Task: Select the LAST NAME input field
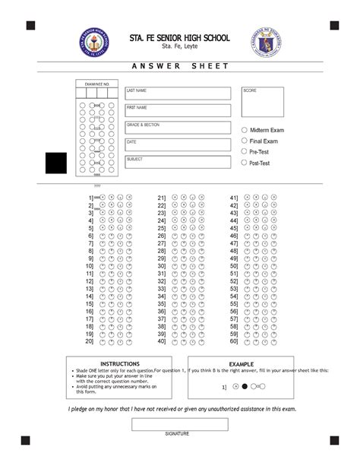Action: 178,94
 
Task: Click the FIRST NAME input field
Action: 178,111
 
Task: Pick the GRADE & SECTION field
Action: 178,128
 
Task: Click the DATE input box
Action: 178,145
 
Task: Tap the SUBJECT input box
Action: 178,163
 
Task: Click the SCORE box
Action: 263,103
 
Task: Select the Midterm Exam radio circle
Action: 244,130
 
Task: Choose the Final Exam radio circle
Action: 244,141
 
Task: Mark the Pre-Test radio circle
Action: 244,151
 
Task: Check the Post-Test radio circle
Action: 244,162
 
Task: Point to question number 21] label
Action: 162,198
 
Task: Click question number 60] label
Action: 234,341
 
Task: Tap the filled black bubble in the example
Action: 245,386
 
